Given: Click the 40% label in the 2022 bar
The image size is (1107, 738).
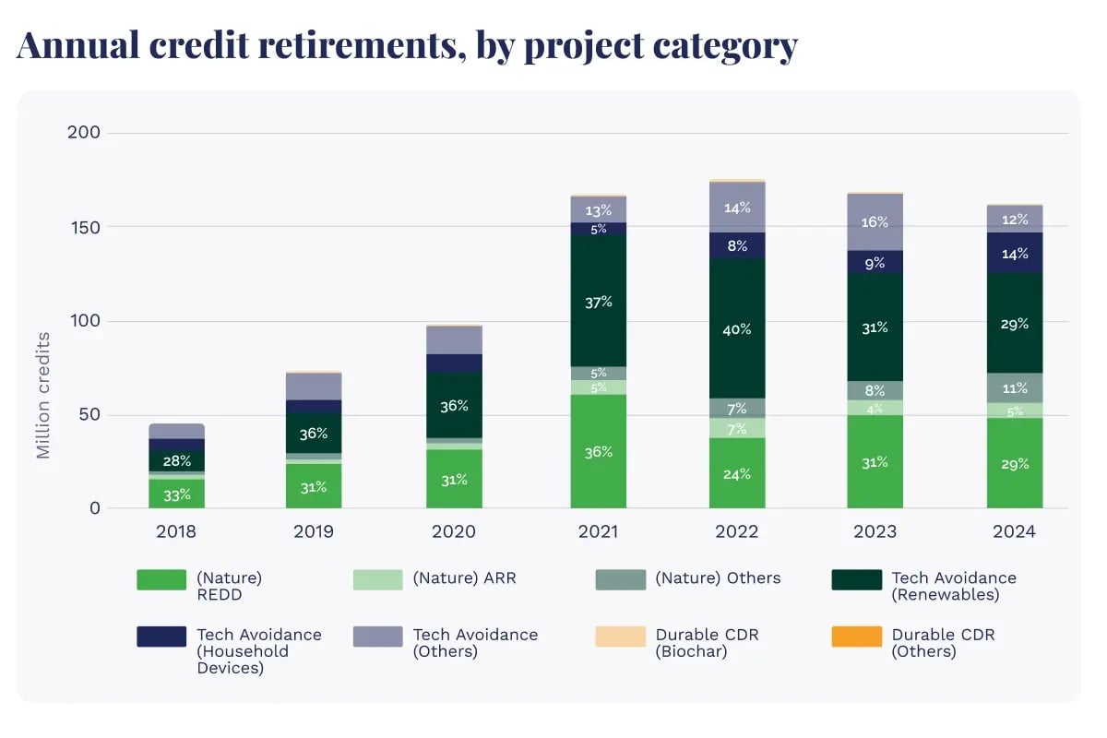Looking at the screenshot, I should [x=737, y=329].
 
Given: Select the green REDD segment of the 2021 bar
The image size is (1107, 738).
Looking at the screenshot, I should [x=598, y=451].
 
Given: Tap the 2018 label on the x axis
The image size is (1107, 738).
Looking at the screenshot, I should [x=176, y=532].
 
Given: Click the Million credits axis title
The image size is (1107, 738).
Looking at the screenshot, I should [x=43, y=395].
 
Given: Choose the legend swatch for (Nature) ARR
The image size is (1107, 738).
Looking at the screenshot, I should [x=377, y=579].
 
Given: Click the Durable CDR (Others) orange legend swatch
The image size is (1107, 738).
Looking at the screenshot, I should [x=856, y=637].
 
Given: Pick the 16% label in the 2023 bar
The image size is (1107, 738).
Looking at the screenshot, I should [x=875, y=222].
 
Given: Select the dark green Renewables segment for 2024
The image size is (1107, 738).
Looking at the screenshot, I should [x=1015, y=323].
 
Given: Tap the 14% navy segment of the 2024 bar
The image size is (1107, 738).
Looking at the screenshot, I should [x=1015, y=253].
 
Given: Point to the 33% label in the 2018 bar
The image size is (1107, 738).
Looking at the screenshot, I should [x=176, y=494].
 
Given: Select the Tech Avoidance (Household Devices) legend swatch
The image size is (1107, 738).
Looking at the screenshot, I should [x=161, y=637].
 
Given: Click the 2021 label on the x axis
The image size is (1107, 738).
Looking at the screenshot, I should [x=598, y=532].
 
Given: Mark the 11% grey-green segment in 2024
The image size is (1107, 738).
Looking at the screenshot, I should [x=1015, y=387].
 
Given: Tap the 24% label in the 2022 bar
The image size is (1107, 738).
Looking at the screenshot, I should [x=737, y=474].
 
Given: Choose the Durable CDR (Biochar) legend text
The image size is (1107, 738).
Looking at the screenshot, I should [x=707, y=643].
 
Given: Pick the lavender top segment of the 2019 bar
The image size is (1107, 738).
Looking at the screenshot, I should [x=314, y=386].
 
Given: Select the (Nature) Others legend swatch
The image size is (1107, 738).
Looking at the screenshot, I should [x=620, y=579].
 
